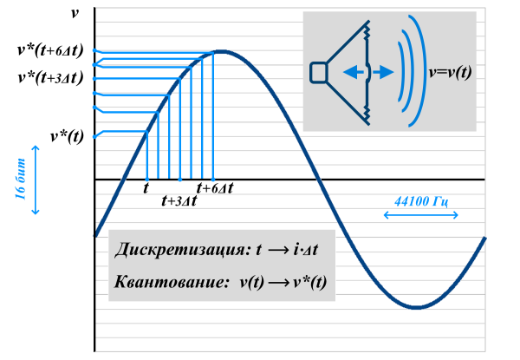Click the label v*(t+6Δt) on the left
coord(50,50)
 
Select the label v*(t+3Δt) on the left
coord(50,78)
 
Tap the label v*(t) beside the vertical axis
coord(67,136)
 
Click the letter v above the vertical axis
coord(75,14)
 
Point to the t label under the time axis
coord(146,188)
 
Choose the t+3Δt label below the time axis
coord(179,200)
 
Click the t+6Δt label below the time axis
coord(215,188)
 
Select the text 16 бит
coord(21,180)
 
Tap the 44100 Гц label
coord(421,201)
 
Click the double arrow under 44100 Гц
coord(421,215)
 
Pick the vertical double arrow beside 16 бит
coord(36,180)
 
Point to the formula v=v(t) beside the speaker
coord(450,72)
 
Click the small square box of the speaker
coord(319,72)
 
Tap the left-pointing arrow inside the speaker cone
coord(353,72)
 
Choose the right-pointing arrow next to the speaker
coord(383,72)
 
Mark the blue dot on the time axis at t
coord(147,180)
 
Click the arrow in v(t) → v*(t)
coord(278,283)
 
